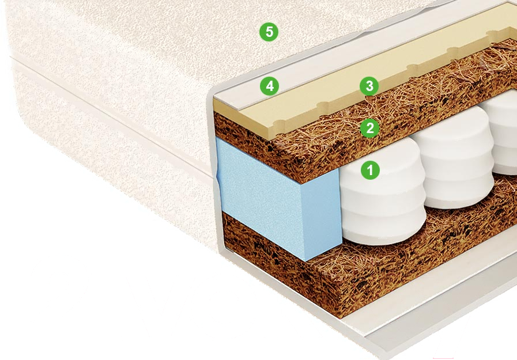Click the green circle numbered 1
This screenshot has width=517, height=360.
(370, 170)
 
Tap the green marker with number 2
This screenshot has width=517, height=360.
(369, 128)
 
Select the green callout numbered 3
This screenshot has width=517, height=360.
(369, 86)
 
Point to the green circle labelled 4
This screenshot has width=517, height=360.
(269, 86)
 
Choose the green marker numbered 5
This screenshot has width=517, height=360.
(269, 32)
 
